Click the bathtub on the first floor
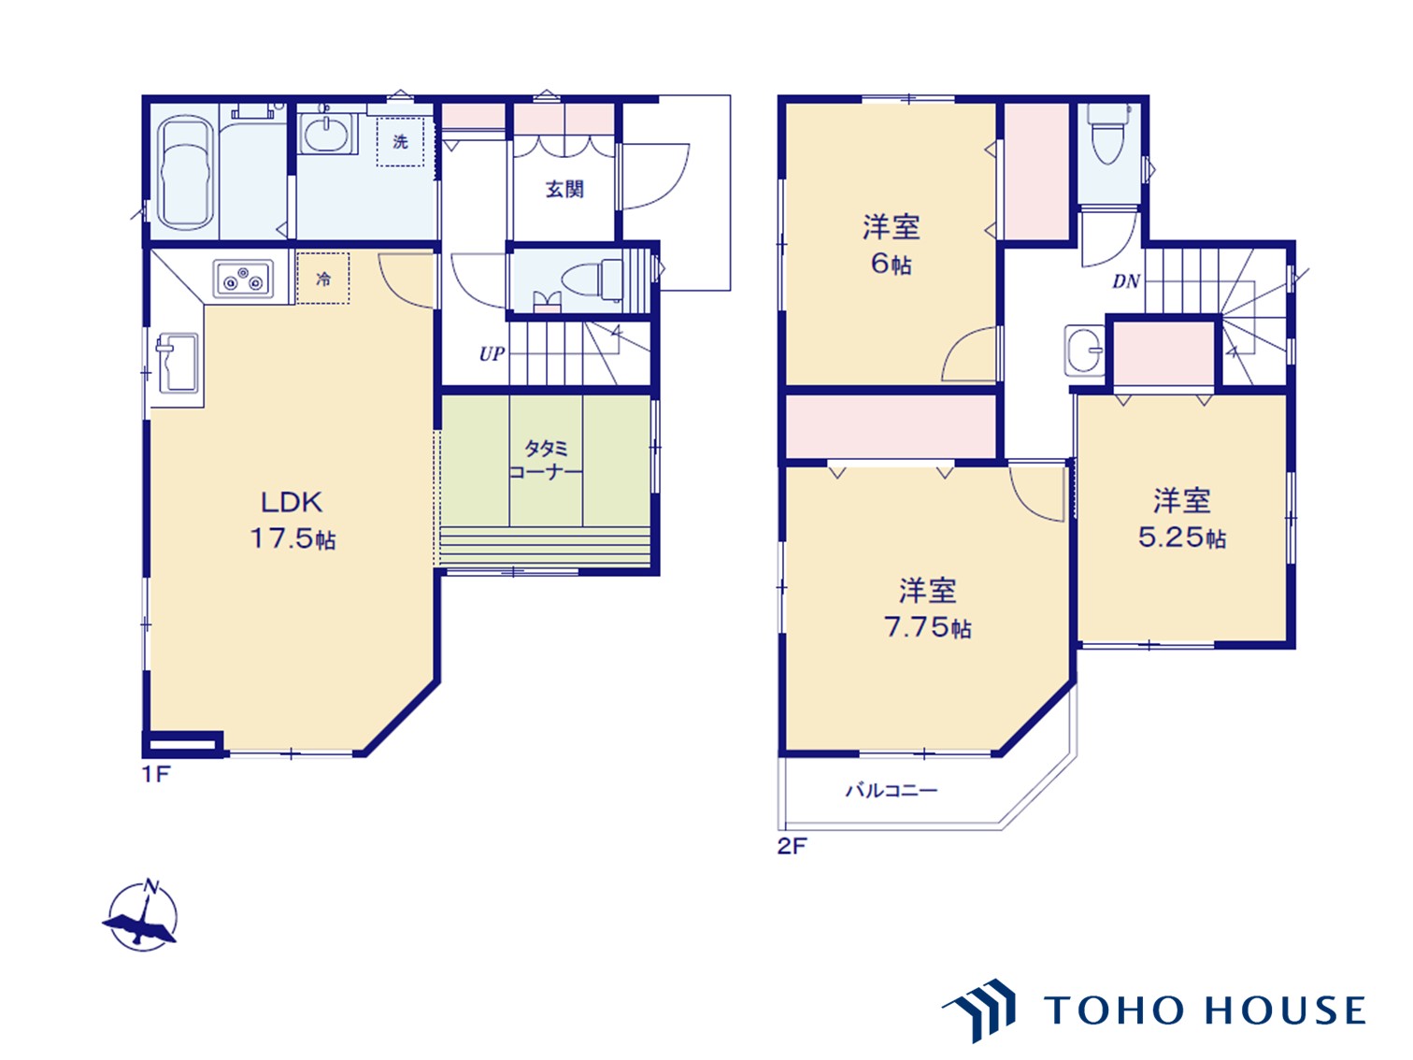(184, 173)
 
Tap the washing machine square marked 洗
(401, 142)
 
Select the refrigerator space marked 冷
(323, 279)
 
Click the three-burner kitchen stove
(243, 279)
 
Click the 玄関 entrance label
(564, 190)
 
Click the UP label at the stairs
(492, 354)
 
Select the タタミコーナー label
(546, 460)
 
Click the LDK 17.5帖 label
(293, 521)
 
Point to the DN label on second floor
(1126, 281)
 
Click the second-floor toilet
(1109, 136)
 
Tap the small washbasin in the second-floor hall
(1085, 351)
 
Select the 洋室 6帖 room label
(891, 244)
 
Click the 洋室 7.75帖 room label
(927, 609)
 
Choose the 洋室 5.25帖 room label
(1181, 519)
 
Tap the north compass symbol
(142, 916)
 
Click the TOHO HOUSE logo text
(1205, 1010)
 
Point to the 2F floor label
(792, 846)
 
